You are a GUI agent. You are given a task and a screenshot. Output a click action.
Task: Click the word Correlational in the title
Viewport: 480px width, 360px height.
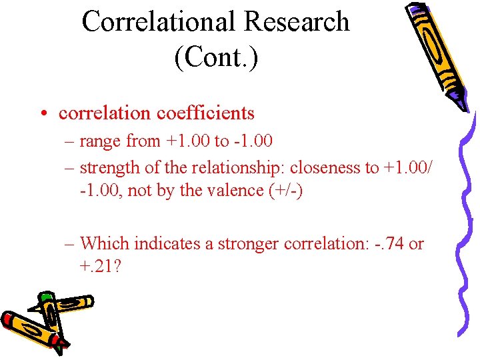[x=158, y=21]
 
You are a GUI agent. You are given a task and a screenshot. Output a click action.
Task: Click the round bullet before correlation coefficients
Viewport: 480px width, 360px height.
[x=42, y=114]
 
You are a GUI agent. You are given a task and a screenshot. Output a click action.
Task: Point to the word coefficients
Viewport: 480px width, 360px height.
[x=205, y=113]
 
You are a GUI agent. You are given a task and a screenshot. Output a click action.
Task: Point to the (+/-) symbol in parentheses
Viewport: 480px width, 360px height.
[x=285, y=190]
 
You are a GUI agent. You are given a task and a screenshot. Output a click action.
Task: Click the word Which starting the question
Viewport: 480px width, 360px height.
[x=105, y=244]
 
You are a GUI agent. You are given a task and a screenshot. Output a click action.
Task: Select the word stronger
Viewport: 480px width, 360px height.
[x=247, y=244]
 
